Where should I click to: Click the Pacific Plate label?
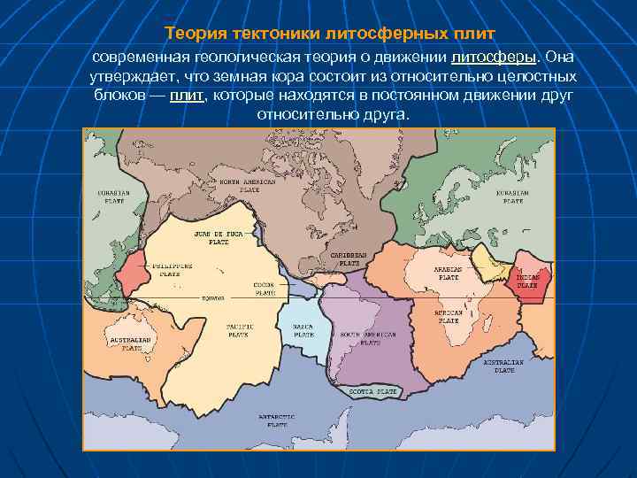pyautogui.click(x=239, y=330)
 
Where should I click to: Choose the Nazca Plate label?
pyautogui.click(x=303, y=330)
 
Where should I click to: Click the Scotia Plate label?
pyautogui.click(x=372, y=390)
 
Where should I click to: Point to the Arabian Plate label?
pyautogui.click(x=447, y=272)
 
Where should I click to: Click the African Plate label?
pyautogui.click(x=449, y=317)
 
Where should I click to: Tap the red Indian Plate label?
pyautogui.click(x=527, y=281)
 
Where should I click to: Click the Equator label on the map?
pyautogui.click(x=213, y=298)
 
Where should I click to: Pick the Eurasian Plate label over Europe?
pyautogui.click(x=512, y=197)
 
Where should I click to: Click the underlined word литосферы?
pyautogui.click(x=494, y=58)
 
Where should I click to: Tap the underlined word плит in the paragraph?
pyautogui.click(x=187, y=96)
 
